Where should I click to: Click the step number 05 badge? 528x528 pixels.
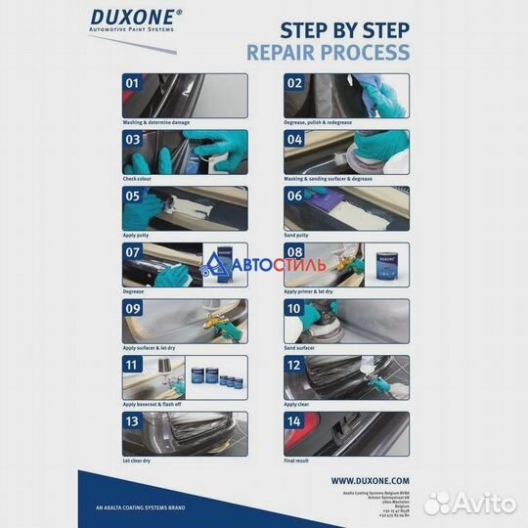[132, 197]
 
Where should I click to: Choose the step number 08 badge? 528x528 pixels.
[294, 253]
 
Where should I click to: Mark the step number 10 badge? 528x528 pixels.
[294, 309]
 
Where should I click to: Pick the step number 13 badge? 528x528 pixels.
[132, 422]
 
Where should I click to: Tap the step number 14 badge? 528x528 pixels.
[294, 422]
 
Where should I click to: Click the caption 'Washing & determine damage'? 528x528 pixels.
[156, 122]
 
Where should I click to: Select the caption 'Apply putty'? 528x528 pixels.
[138, 235]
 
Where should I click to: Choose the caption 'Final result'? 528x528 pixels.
[299, 460]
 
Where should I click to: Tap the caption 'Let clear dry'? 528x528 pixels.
[140, 460]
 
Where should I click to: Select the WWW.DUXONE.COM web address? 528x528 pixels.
[370, 481]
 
